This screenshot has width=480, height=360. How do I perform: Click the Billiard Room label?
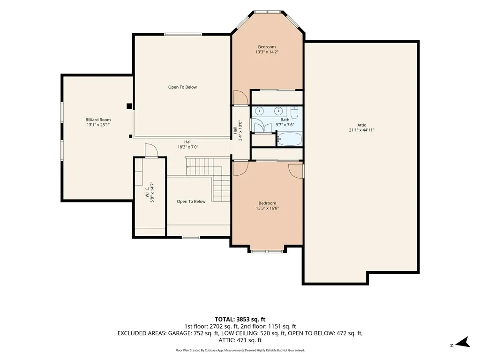point(98,120)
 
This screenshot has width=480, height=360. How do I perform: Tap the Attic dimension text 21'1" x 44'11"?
point(361,130)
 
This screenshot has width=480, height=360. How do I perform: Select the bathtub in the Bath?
point(290,139)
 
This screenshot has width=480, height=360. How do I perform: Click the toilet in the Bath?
point(294,112)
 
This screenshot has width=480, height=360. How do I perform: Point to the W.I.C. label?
point(147,191)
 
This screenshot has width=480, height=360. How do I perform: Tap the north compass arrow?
point(463,342)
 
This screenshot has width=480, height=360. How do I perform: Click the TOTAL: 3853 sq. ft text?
point(240,320)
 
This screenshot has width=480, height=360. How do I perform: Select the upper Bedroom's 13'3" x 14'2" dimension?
point(267,52)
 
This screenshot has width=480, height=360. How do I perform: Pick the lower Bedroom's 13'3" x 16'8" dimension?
point(267,208)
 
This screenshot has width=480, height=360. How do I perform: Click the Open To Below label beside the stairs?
point(191,202)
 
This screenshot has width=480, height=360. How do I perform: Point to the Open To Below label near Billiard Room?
point(182,87)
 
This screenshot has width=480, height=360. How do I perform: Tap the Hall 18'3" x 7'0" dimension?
point(188,147)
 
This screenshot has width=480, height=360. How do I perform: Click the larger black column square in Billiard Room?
point(129,106)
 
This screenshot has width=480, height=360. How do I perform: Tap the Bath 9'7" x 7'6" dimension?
point(285,125)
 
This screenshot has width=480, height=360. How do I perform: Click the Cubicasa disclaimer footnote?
point(240,350)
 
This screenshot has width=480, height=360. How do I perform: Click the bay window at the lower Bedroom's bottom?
point(267,251)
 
